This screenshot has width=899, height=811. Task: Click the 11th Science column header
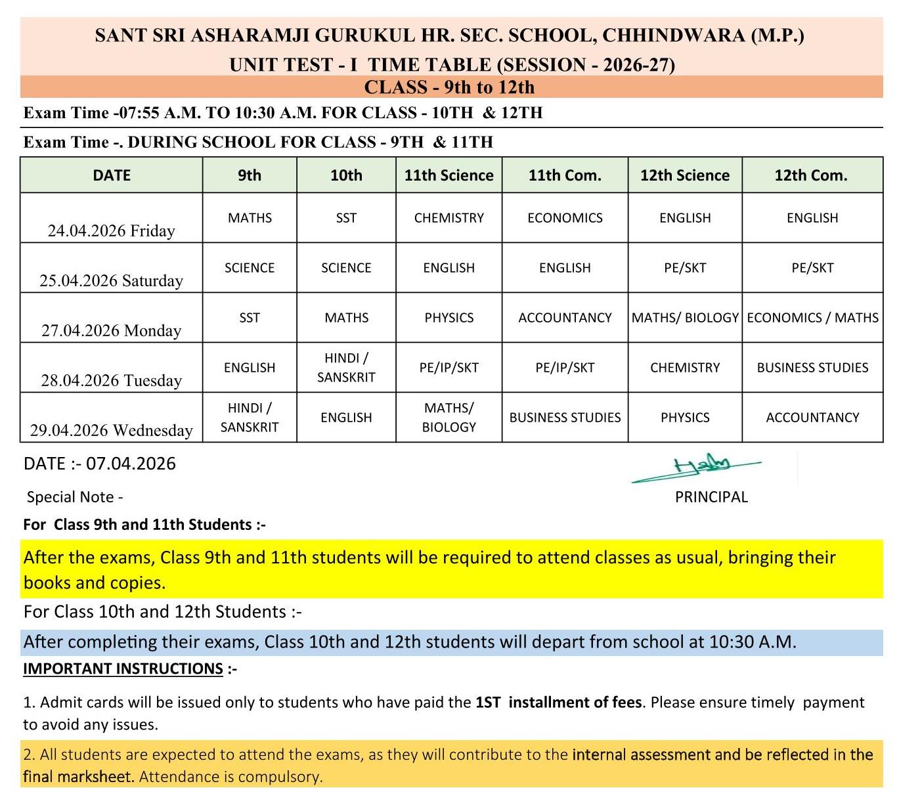[449, 175]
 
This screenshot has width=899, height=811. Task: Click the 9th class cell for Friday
[250, 218]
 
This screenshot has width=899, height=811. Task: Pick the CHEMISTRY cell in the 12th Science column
[685, 368]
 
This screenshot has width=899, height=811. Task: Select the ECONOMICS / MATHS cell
[812, 318]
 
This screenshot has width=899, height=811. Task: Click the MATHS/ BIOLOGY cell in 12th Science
[685, 318]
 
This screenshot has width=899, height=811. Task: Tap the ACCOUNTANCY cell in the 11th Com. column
[565, 318]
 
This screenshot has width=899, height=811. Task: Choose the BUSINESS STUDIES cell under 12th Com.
[812, 368]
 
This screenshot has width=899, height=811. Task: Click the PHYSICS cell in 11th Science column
[449, 318]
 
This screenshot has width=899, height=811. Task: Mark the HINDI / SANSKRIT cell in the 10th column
[346, 368]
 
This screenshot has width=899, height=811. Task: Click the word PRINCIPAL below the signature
[711, 497]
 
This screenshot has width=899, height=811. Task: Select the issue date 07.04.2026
[131, 464]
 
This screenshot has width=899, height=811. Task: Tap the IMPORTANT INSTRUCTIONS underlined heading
[123, 669]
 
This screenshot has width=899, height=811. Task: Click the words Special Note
[71, 497]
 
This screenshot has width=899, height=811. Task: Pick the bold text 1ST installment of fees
[558, 702]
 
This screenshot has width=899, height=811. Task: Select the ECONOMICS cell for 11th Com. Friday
[565, 218]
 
